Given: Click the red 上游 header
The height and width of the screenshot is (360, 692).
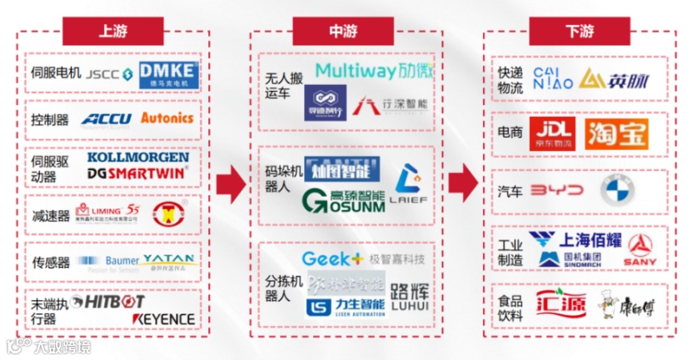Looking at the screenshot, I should point(112,31).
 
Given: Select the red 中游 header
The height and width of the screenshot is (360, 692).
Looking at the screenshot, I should point(342,31).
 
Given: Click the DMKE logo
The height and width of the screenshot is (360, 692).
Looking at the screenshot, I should point(168,74).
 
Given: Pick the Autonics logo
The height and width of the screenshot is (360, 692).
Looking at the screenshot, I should point(167,118).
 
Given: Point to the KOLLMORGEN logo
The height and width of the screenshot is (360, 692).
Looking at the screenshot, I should point(137,157).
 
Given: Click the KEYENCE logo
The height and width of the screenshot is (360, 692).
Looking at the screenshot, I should point(163,319).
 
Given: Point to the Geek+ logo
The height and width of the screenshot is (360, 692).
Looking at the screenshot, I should point(332,259).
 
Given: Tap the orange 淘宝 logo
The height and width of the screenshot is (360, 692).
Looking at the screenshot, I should point(616,132).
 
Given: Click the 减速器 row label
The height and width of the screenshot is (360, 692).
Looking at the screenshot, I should point(49,216).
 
